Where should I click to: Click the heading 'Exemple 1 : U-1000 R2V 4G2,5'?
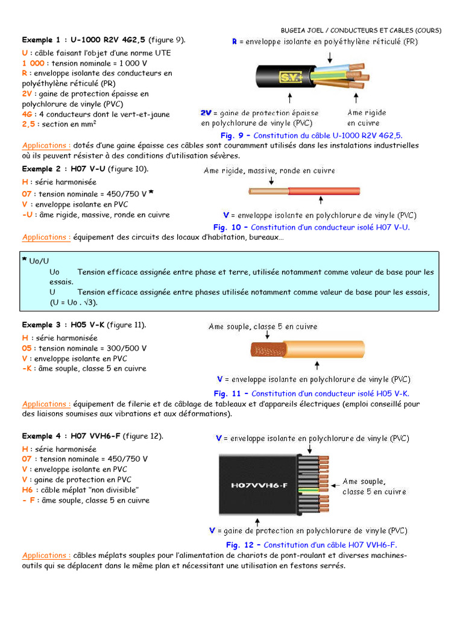click(84, 40)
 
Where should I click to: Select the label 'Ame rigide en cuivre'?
click(367, 117)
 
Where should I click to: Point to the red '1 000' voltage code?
click(33, 63)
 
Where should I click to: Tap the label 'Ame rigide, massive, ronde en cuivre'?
click(269, 171)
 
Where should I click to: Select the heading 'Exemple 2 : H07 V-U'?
click(66, 169)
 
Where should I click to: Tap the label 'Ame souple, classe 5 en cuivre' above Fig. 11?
click(263, 327)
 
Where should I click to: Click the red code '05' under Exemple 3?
click(27, 348)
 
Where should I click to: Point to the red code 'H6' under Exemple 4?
click(27, 490)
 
